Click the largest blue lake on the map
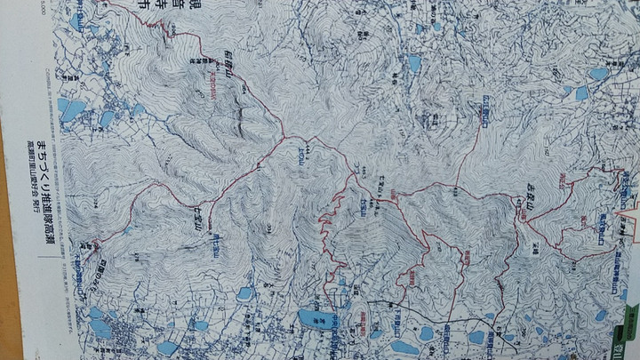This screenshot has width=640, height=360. [313, 317]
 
